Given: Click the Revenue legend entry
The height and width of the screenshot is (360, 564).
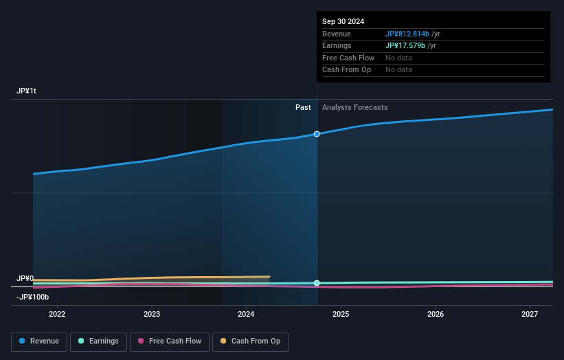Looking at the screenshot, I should click(x=39, y=341).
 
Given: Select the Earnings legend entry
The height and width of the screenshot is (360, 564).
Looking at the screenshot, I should click(x=98, y=341).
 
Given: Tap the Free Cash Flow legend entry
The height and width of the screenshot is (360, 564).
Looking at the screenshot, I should click(x=169, y=341).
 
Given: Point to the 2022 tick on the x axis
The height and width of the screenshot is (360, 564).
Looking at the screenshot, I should click(x=57, y=315).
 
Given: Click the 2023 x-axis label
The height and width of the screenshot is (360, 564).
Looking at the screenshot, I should click(x=152, y=315).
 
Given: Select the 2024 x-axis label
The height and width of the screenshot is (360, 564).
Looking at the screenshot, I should click(x=246, y=315).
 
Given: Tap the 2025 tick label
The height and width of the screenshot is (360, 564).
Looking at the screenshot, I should click(x=341, y=315).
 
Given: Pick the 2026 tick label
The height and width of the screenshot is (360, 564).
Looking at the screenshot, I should click(x=435, y=315).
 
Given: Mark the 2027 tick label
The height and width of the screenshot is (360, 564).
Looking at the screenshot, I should click(x=530, y=315).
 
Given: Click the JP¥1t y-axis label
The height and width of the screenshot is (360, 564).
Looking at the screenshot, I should click(x=27, y=91).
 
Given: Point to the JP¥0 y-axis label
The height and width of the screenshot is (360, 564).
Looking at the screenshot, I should click(x=25, y=278).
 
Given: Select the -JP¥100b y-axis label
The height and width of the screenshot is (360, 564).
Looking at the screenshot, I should click(x=33, y=297).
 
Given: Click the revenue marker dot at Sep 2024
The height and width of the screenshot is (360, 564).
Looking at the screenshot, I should click(x=317, y=134).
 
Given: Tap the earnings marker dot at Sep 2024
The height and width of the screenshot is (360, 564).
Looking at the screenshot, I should click(x=317, y=283).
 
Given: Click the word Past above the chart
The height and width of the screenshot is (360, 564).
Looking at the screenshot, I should click(x=303, y=108).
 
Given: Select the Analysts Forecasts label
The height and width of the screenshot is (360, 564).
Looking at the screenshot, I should click(x=354, y=108).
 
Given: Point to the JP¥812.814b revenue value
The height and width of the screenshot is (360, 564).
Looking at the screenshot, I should click(x=407, y=34).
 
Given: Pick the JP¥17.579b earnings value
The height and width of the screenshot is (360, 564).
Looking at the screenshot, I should click(x=405, y=45).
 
